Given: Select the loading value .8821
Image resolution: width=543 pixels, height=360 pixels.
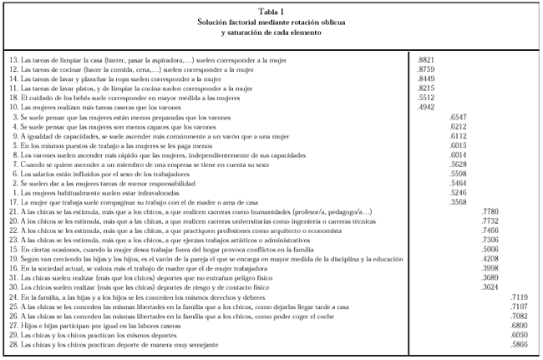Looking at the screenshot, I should (425, 60).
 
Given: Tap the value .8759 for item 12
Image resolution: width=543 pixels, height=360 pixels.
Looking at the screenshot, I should (425, 69).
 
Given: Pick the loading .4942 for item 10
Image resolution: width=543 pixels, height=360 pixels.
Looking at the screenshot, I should (425, 106).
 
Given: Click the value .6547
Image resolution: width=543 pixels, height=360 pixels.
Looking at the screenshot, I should (458, 118).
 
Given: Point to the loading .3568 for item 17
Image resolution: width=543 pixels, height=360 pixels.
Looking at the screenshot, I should (458, 201).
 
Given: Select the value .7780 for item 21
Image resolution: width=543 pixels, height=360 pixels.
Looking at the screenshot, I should (492, 212).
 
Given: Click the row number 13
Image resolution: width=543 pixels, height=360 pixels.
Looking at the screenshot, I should (13, 60).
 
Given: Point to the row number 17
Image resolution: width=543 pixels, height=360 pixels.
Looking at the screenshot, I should (13, 201).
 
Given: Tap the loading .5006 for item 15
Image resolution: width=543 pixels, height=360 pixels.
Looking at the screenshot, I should (492, 249).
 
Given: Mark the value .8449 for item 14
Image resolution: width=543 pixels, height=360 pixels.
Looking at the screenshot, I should (425, 79).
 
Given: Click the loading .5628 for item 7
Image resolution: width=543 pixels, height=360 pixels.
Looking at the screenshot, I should (458, 165).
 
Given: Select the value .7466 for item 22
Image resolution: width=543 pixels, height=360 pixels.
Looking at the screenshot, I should (492, 231).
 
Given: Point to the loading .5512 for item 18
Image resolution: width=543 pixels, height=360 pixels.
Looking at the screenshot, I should (425, 97).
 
